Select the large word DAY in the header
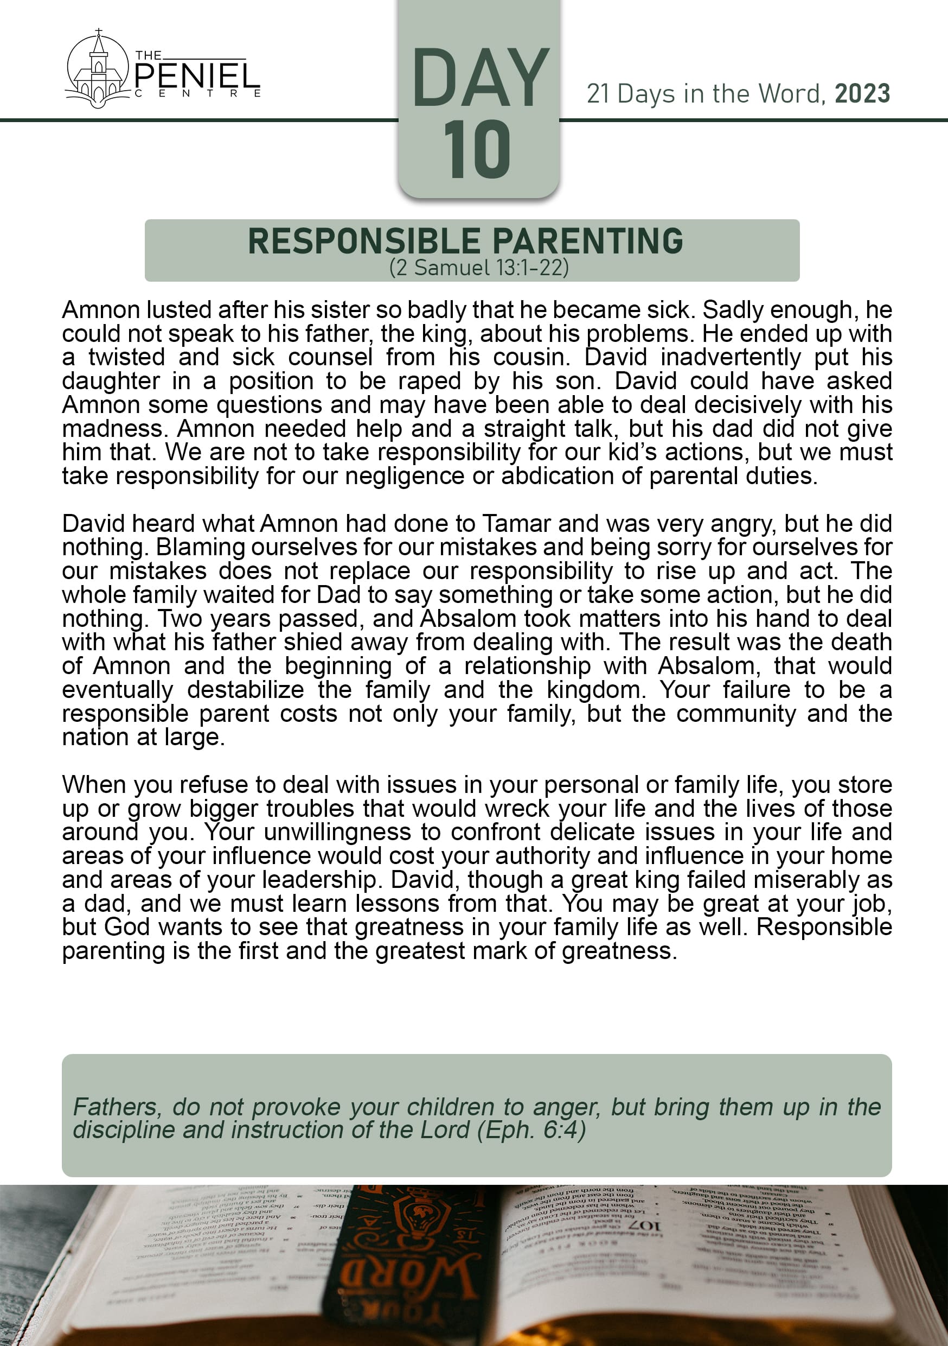[480, 79]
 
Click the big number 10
[477, 149]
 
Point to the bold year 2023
[862, 94]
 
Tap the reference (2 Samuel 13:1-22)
[479, 268]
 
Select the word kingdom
[594, 690]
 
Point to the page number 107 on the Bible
[644, 1227]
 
